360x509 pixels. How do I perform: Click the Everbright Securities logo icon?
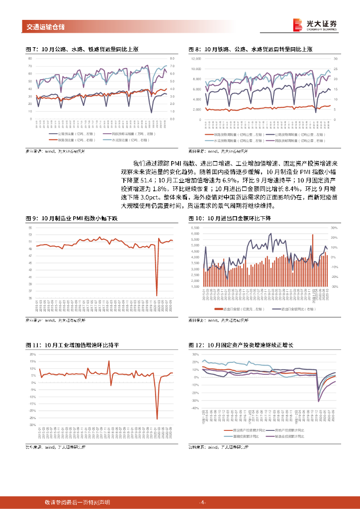tap(297, 24)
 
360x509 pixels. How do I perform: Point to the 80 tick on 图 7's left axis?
tap(30, 58)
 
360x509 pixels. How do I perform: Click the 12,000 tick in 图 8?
tap(195, 59)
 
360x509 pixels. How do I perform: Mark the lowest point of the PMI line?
tap(157, 295)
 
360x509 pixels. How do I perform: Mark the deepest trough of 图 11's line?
tap(157, 419)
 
